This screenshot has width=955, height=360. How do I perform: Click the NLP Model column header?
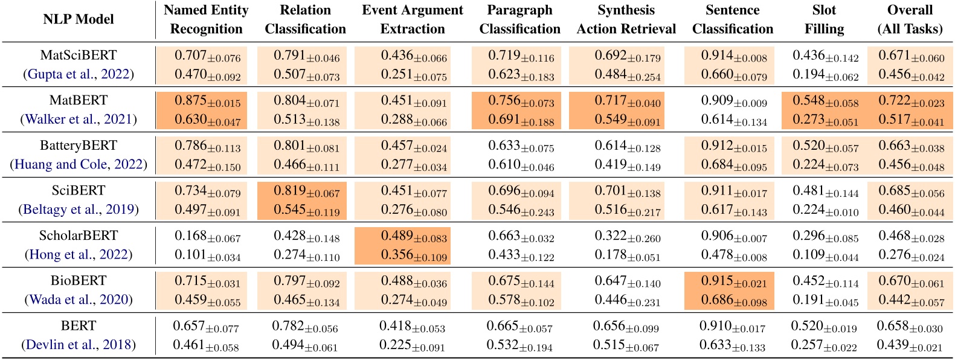pyautogui.click(x=79, y=19)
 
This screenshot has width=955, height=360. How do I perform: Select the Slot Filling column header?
pyautogui.click(x=824, y=19)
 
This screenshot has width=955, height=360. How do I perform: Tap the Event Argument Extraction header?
pyautogui.click(x=413, y=19)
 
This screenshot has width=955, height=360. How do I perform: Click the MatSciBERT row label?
pyautogui.click(x=79, y=55)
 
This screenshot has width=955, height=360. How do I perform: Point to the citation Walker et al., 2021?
pyautogui.click(x=79, y=119)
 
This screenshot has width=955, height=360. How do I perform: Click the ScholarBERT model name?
pyautogui.click(x=79, y=236)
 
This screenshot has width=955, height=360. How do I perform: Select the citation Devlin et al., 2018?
pyautogui.click(x=79, y=345)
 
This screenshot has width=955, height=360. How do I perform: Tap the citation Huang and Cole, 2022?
pyautogui.click(x=79, y=164)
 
